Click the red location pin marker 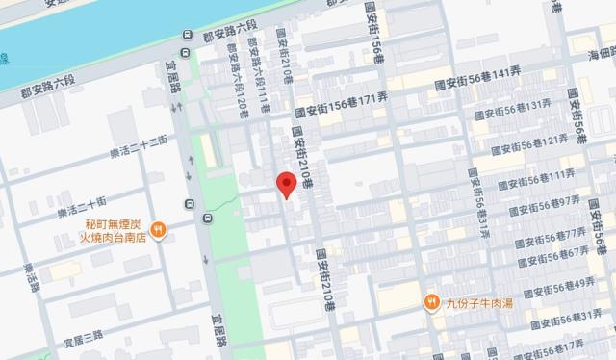pyautogui.click(x=285, y=184)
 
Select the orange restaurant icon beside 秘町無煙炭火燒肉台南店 pyautogui.click(x=159, y=229)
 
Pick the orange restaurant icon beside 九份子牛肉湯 pyautogui.click(x=432, y=302)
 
